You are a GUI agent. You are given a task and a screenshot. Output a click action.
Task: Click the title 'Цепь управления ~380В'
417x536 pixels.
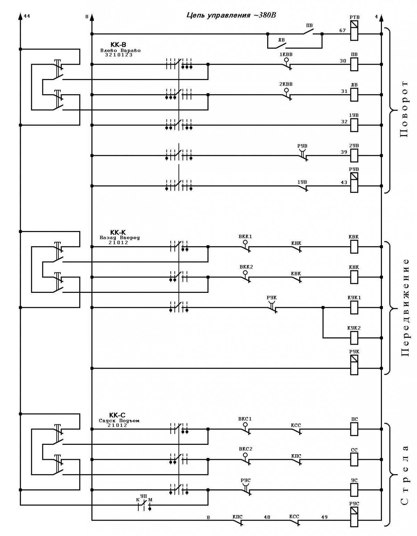pos(231,15)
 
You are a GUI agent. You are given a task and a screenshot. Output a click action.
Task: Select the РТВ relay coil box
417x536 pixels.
pos(354,30)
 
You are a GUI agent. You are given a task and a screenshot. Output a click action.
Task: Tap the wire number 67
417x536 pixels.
pos(342,31)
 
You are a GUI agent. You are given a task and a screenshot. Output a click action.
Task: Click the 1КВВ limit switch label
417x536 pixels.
pos(286,55)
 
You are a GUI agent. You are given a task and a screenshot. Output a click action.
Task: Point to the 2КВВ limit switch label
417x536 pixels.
pos(286,84)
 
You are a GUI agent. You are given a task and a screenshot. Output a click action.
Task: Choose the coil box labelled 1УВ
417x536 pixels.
pos(354,125)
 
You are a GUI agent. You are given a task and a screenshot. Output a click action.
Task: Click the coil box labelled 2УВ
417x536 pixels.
pos(354,155)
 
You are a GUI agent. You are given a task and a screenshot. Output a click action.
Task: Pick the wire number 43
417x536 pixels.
pos(344,183)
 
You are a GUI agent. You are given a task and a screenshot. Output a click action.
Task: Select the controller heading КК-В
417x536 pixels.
pos(118,45)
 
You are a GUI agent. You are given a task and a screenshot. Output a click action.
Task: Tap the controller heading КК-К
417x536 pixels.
pos(118,232)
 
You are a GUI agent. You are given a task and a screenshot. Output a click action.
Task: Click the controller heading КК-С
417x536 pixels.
pos(117,415)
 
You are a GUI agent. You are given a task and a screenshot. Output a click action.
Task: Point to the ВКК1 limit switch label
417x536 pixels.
pos(245,237)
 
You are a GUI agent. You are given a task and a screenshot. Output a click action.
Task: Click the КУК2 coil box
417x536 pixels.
pos(354,338)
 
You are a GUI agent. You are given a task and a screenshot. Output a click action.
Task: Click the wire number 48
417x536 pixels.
pos(267,517)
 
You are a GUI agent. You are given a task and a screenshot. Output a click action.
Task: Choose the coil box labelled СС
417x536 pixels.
pos(354,459)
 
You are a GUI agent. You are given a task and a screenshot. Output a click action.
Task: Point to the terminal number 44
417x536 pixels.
pos(27,16)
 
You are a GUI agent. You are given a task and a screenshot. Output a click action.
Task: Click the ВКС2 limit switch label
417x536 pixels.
pos(246,449)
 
